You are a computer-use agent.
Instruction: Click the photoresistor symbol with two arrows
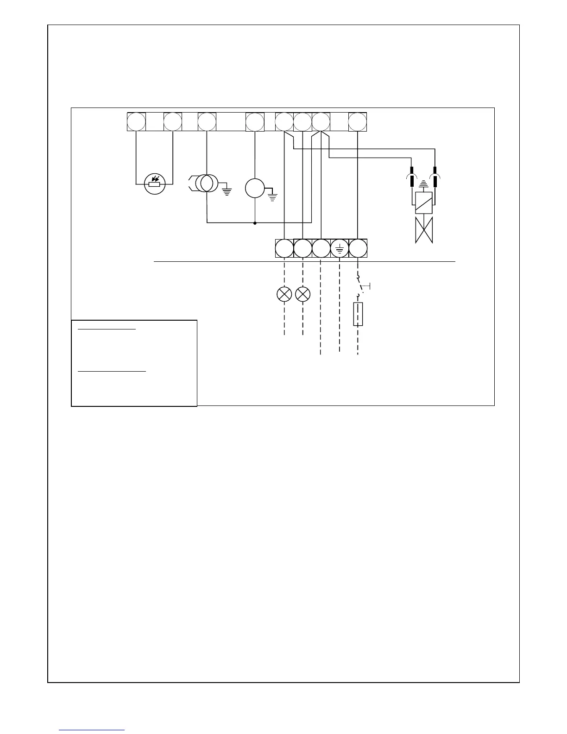(x=155, y=184)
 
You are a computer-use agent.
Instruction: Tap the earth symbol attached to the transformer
(x=227, y=190)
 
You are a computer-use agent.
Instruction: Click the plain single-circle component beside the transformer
(x=254, y=188)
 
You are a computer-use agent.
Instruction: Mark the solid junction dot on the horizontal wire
(x=255, y=223)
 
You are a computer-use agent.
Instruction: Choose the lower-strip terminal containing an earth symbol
(x=340, y=248)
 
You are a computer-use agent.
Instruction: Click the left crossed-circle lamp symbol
(x=284, y=294)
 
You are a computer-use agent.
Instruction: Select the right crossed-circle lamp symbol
(x=302, y=294)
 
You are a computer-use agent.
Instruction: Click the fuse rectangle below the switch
(x=358, y=314)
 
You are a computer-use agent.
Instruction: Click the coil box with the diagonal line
(x=423, y=202)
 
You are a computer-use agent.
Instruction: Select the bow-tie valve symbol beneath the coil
(x=423, y=230)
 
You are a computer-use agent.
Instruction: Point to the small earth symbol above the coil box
(x=422, y=183)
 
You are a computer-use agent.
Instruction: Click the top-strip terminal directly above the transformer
(x=207, y=122)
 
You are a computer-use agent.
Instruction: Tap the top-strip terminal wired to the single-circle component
(x=255, y=122)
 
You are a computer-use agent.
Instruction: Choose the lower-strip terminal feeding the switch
(x=358, y=248)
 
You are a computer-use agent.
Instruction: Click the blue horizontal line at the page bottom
(x=92, y=730)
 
